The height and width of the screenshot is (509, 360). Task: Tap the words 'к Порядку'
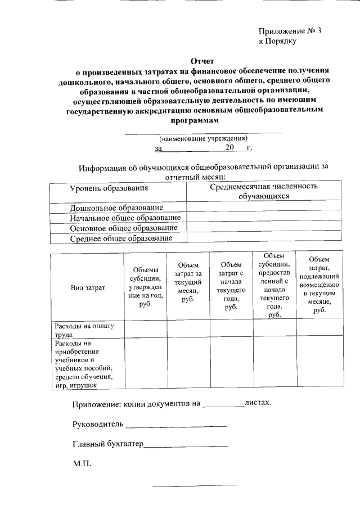click(x=277, y=41)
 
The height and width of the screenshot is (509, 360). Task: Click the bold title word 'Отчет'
click(x=202, y=61)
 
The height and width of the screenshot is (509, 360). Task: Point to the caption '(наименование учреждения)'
click(x=203, y=138)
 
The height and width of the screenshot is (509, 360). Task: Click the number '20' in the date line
click(x=229, y=148)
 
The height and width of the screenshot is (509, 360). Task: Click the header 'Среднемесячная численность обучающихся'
click(x=263, y=191)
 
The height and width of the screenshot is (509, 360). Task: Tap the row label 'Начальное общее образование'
click(x=125, y=218)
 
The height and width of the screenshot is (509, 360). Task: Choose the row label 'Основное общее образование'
click(x=124, y=228)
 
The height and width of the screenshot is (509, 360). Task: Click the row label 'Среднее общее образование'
click(x=121, y=238)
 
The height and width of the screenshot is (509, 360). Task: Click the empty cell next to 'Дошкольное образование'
click(x=263, y=207)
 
